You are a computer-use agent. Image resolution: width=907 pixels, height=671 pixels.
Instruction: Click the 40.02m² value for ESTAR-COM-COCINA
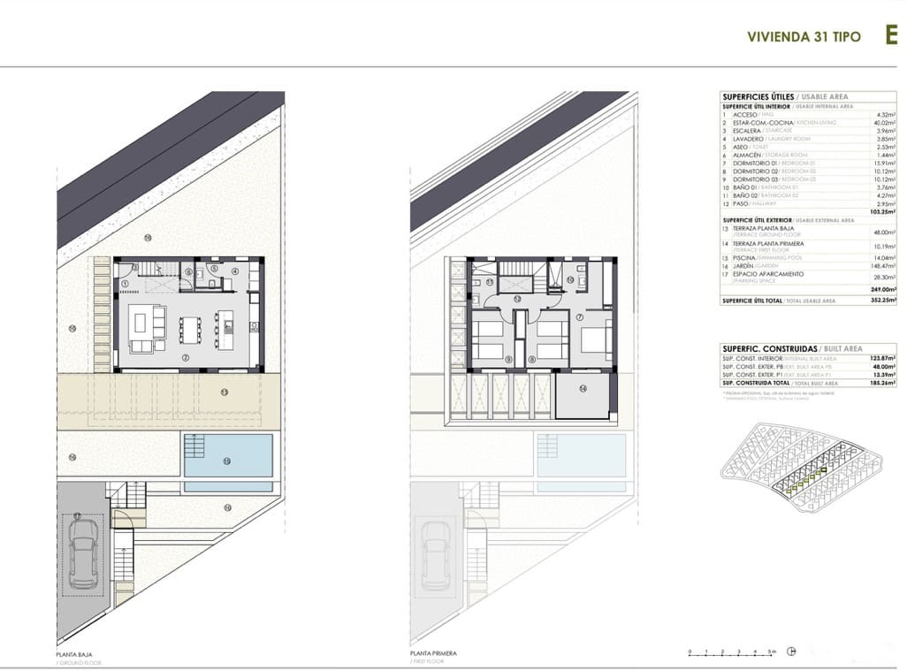pyautogui.click(x=885, y=123)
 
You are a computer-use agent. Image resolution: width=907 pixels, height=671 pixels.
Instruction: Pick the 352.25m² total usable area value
pyautogui.click(x=882, y=301)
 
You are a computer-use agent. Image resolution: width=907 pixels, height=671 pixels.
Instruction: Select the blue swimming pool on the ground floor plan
pyautogui.click(x=227, y=455)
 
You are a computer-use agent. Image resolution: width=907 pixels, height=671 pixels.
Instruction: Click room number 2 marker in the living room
pyautogui.click(x=187, y=356)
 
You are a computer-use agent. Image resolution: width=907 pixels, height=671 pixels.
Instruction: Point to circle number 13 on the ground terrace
pyautogui.click(x=224, y=392)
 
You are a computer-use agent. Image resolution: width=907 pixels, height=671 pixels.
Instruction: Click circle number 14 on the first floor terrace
pyautogui.click(x=583, y=388)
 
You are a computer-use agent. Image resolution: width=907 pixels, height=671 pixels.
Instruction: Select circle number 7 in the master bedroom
pyautogui.click(x=581, y=316)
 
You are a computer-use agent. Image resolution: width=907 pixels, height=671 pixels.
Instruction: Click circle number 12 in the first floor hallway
pyautogui.click(x=517, y=299)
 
